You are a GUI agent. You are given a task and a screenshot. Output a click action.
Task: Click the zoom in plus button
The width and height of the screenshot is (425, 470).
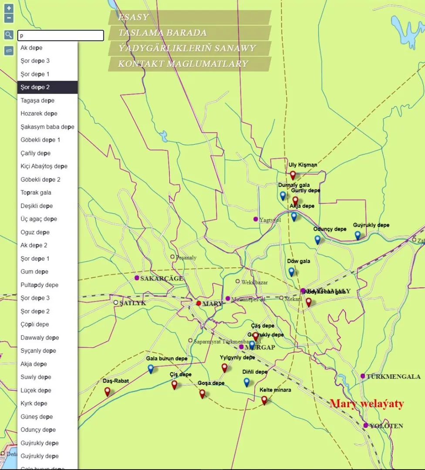click(9, 8)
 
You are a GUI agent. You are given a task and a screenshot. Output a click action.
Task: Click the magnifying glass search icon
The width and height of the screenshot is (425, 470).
click(9, 35)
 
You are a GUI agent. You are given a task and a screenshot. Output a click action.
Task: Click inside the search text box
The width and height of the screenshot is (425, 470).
click(61, 36)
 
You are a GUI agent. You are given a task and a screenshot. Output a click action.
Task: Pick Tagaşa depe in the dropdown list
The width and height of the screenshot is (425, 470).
click(37, 101)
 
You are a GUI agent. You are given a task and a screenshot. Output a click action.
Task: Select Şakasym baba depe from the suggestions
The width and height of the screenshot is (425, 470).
click(47, 127)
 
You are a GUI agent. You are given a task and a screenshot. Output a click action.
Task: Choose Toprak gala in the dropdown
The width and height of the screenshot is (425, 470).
click(36, 193)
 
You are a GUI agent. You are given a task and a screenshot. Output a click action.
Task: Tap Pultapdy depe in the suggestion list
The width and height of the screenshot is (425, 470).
click(39, 285)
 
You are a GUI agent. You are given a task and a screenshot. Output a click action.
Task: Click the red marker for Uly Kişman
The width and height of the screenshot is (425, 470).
click(293, 175)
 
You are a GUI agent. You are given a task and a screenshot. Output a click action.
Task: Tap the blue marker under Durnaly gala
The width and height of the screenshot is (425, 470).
click(283, 195)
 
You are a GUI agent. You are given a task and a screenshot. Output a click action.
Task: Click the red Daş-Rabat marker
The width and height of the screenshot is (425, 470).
click(108, 391)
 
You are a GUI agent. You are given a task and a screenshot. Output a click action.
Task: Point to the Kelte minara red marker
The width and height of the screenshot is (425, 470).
click(264, 400)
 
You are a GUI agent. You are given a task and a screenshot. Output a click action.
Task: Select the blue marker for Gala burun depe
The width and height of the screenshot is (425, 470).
click(151, 369)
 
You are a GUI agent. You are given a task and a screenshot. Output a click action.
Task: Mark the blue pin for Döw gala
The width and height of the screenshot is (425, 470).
click(291, 272)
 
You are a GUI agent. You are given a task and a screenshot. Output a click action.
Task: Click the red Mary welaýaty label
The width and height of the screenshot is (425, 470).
click(367, 403)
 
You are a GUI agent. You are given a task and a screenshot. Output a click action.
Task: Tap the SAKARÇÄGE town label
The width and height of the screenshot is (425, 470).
click(162, 279)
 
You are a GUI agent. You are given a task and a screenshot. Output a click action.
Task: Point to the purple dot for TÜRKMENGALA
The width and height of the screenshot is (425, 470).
click(363, 376)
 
